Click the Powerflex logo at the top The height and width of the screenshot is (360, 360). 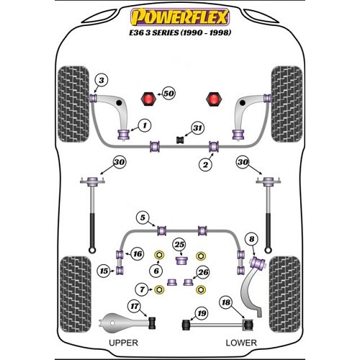(180, 17)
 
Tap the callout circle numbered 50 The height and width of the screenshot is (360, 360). (168, 94)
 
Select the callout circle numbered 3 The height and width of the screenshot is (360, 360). (102, 80)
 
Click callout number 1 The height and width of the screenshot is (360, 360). (145, 125)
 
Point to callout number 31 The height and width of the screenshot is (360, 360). (197, 128)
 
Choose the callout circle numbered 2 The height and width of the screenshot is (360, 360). (206, 164)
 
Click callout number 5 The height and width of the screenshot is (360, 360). (143, 217)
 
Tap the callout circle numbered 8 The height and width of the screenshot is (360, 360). (251, 239)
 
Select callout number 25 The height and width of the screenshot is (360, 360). (179, 245)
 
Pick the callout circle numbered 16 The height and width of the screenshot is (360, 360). (138, 253)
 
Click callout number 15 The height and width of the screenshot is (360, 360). (104, 271)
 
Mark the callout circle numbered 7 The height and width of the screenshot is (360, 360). (142, 289)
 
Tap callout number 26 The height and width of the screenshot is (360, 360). (203, 272)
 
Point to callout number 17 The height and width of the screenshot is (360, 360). (135, 306)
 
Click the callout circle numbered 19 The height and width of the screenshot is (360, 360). (202, 313)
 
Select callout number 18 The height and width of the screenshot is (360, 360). (226, 302)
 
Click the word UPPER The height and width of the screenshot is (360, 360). (123, 343)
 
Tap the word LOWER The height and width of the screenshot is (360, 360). (241, 343)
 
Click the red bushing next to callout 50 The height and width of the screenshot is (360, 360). (148, 99)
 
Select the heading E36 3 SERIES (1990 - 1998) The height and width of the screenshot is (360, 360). (180, 32)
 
